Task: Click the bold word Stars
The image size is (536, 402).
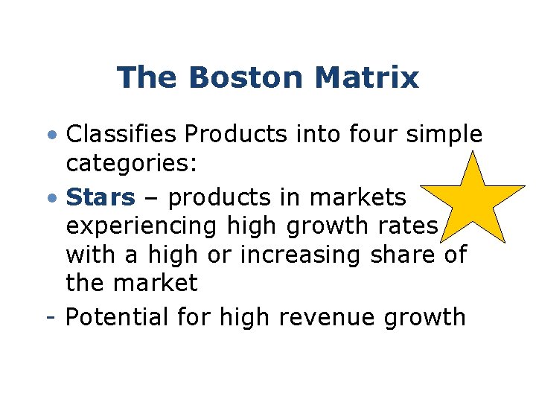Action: (100, 197)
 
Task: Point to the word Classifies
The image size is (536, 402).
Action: (121, 135)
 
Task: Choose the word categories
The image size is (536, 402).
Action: (130, 164)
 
